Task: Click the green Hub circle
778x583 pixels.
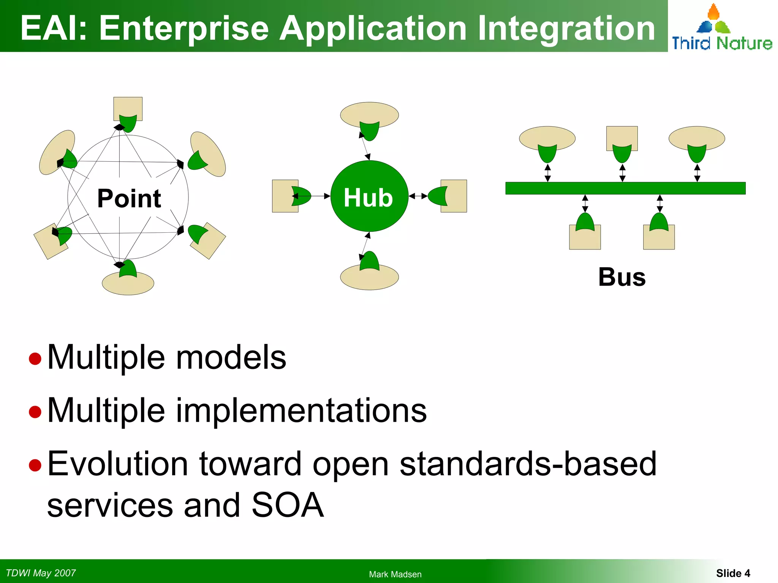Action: click(x=369, y=196)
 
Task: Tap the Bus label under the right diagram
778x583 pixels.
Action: click(x=622, y=277)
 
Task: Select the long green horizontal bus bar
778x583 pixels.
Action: click(x=625, y=188)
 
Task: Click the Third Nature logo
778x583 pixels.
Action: click(x=721, y=28)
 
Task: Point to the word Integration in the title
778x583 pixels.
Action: click(x=566, y=28)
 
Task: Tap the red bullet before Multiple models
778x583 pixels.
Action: click(x=35, y=358)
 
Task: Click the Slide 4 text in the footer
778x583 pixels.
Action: click(x=733, y=573)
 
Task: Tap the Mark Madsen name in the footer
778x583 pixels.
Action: click(x=395, y=574)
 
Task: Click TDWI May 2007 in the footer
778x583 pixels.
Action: click(x=41, y=573)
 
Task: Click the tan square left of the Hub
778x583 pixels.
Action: click(x=281, y=196)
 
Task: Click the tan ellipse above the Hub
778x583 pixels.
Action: click(x=369, y=112)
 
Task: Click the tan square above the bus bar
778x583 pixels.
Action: click(x=622, y=136)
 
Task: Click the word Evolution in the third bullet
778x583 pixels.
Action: click(x=118, y=464)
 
